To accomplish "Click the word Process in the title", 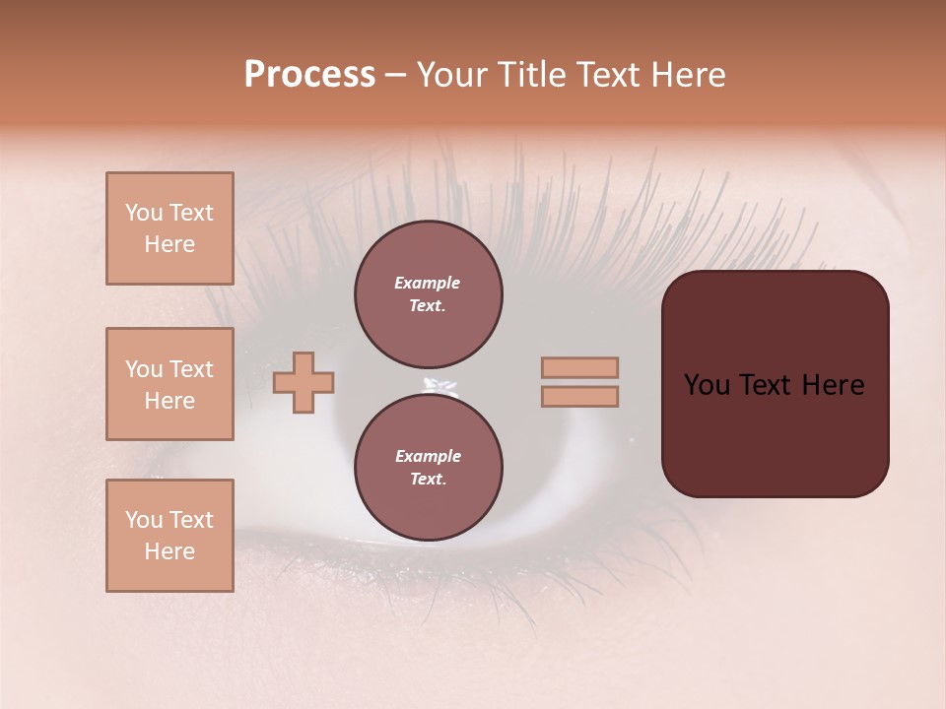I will [x=309, y=75].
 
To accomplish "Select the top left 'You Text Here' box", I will [x=169, y=228].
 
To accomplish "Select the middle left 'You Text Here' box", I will [x=169, y=384].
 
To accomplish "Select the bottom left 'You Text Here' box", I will [x=169, y=535].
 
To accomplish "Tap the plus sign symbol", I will [x=304, y=382].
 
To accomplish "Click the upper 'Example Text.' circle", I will [x=428, y=294].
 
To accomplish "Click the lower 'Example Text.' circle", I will [x=428, y=468].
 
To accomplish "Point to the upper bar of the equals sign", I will [x=579, y=367].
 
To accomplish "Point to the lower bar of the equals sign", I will [x=579, y=396].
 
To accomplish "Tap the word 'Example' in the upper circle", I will [x=428, y=283].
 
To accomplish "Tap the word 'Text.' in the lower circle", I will [x=428, y=480].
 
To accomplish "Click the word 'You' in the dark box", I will [x=707, y=385].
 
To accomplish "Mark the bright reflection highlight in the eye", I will [x=437, y=385].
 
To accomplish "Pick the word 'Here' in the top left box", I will [x=169, y=244].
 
